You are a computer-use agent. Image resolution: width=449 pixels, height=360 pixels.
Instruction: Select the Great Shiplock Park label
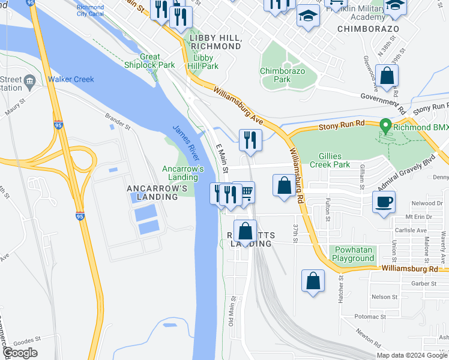coord(149,61)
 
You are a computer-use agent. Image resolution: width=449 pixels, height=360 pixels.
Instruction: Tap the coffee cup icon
coord(384,202)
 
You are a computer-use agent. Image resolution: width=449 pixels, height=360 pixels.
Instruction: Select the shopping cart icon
coord(246,193)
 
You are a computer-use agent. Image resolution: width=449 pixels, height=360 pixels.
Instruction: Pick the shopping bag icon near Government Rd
coord(387,76)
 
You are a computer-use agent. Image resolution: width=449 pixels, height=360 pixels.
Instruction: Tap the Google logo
coord(20,353)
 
